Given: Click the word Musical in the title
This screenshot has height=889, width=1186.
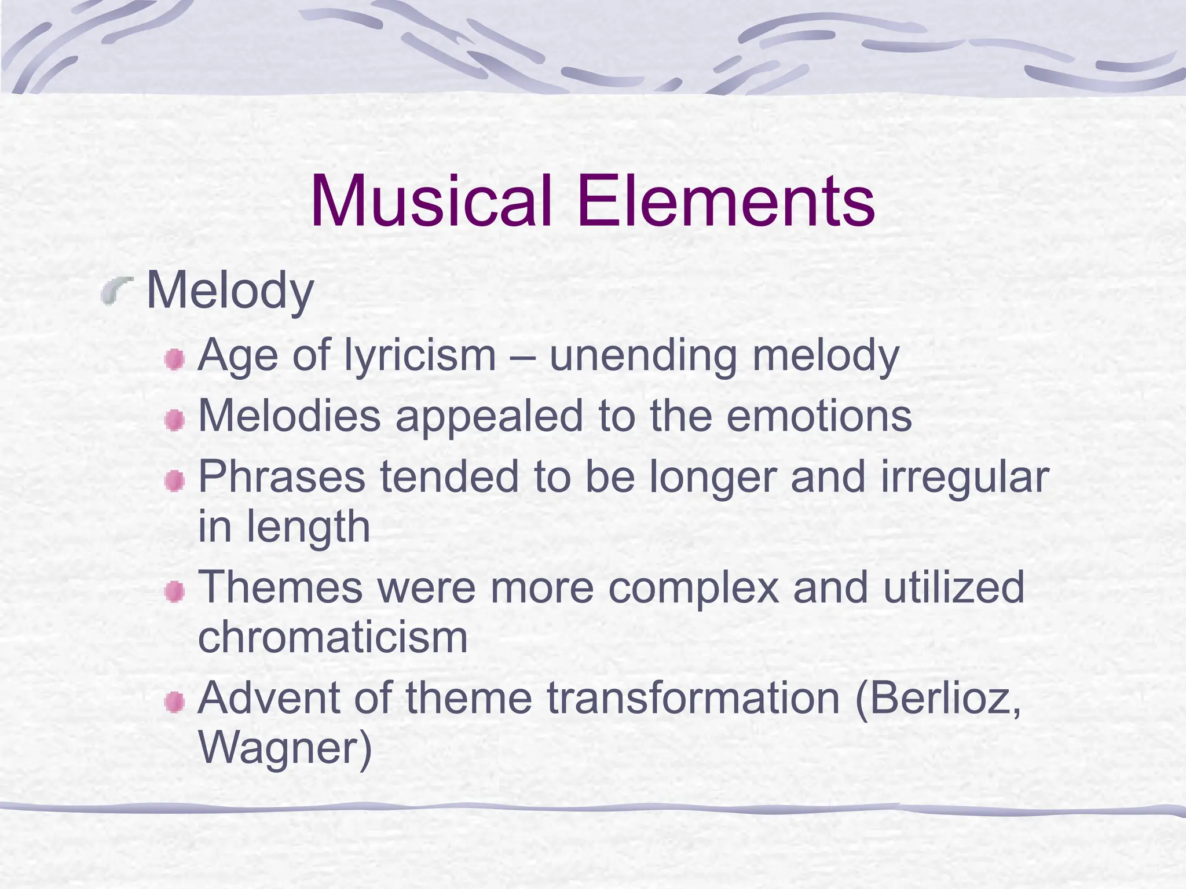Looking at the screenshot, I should click(x=431, y=201).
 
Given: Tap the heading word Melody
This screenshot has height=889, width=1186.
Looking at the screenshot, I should click(x=230, y=291).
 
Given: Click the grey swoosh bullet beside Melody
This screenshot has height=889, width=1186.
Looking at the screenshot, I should click(x=116, y=290).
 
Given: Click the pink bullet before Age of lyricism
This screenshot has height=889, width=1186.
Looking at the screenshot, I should click(x=174, y=360).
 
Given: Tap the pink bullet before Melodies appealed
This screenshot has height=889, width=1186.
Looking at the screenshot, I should click(x=174, y=420).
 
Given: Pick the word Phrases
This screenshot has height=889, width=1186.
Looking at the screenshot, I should click(x=282, y=477).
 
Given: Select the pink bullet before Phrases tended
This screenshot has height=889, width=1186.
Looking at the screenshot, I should click(x=174, y=481).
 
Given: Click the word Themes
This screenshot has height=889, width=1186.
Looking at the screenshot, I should click(x=280, y=587).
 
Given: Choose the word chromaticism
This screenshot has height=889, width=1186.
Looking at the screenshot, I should click(x=333, y=637).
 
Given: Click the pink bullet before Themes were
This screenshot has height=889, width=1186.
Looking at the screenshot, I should click(x=174, y=592).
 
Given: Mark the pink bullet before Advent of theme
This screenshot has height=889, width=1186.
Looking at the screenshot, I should click(x=174, y=703).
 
